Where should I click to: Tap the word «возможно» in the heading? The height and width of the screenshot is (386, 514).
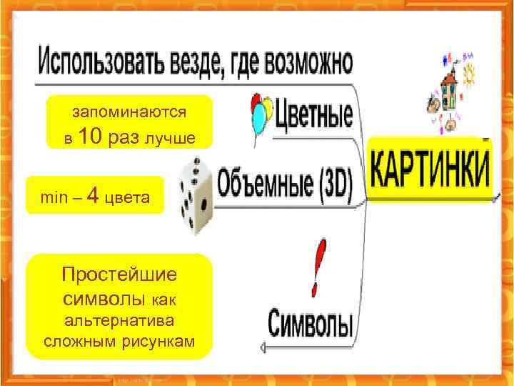pos(309,61)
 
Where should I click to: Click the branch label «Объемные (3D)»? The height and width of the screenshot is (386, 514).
pos(286,183)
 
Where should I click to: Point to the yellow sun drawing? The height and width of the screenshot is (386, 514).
pos(472,72)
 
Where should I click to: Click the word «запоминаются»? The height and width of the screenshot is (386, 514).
pos(129,112)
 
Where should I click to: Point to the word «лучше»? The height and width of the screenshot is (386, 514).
pos(169,137)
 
